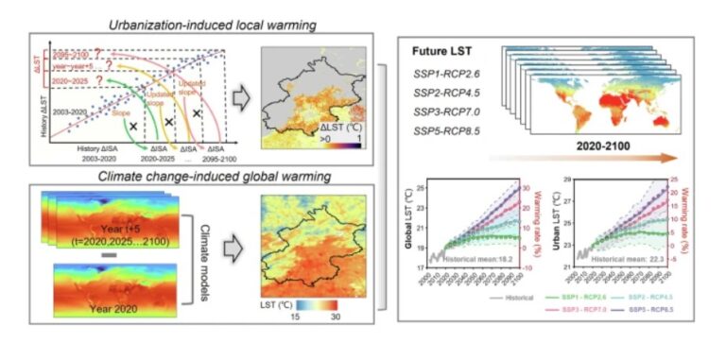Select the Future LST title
pyautogui.click(x=443, y=50)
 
